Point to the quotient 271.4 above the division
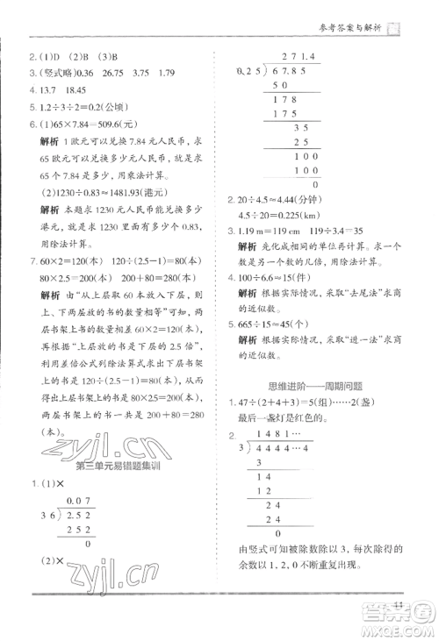click(291, 54)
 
